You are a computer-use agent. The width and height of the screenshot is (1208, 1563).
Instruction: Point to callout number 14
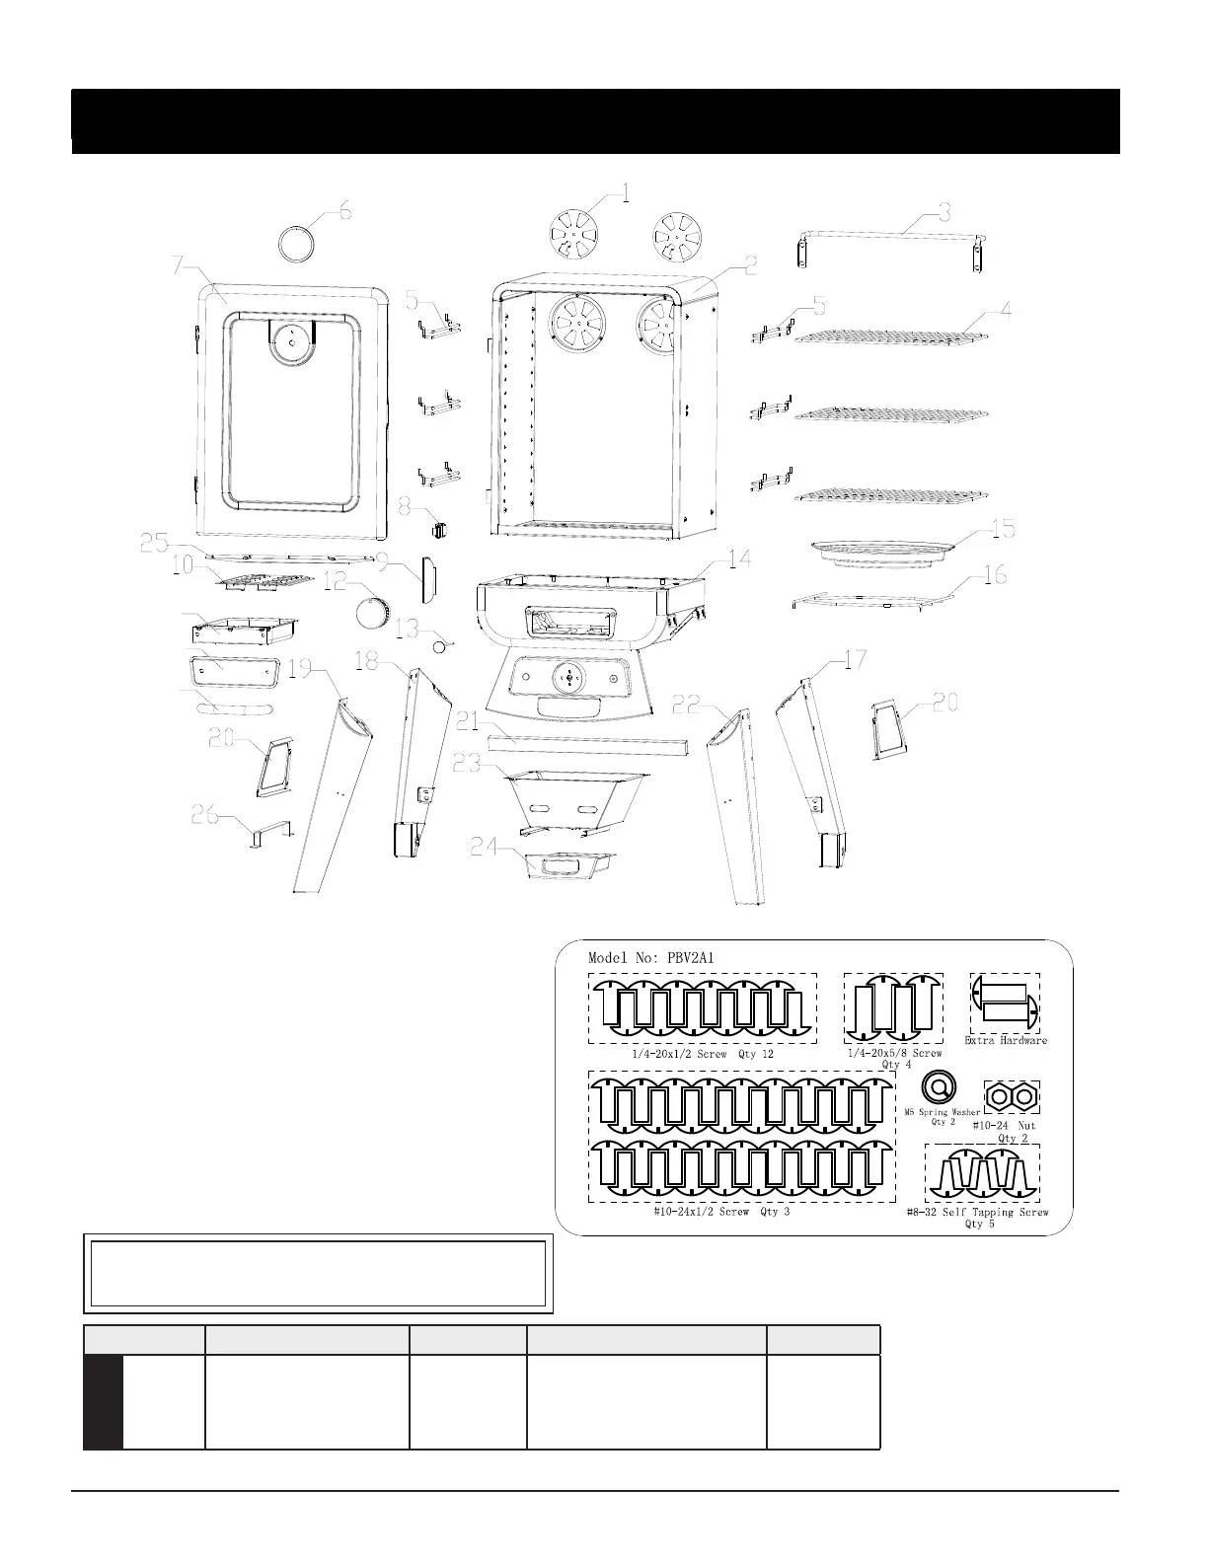pyautogui.click(x=739, y=559)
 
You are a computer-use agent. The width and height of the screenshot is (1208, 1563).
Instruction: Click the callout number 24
pyautogui.click(x=484, y=847)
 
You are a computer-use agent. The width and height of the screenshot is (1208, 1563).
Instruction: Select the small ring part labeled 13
pyautogui.click(x=441, y=644)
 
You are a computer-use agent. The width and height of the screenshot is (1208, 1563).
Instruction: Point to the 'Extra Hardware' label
pyautogui.click(x=1006, y=1040)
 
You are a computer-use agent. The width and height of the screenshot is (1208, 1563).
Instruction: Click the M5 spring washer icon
pyautogui.click(x=939, y=1088)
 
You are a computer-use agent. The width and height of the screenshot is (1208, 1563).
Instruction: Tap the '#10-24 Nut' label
pyautogui.click(x=1005, y=1125)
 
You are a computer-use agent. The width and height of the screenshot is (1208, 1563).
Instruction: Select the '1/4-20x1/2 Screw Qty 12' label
pyautogui.click(x=703, y=1054)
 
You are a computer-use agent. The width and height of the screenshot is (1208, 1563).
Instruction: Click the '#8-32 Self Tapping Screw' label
pyautogui.click(x=977, y=1212)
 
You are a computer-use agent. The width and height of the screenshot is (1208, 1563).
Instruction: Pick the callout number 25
pyautogui.click(x=156, y=542)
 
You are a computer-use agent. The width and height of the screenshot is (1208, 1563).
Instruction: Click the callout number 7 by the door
pyautogui.click(x=179, y=265)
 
